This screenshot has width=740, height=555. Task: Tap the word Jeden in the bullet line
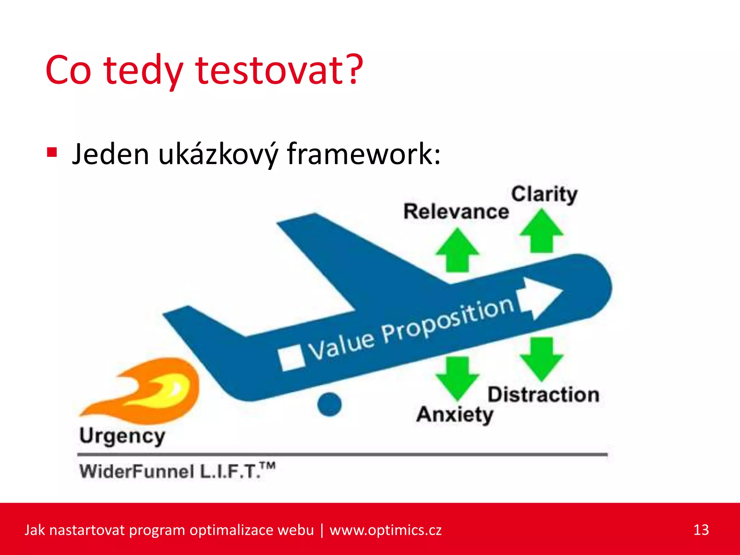coord(110,154)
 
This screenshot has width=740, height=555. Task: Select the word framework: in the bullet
coord(363,154)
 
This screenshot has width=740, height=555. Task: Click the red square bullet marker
coord(52,152)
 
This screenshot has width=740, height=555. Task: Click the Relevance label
coord(456,211)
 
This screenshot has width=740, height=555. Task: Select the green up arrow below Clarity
coord(541,232)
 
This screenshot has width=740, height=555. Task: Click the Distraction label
coord(543,395)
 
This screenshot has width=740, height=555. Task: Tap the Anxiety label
coord(455,414)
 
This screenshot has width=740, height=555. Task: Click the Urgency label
coord(122,436)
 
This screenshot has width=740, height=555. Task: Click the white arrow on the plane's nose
coord(540,298)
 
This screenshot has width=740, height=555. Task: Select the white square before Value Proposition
coord(291,358)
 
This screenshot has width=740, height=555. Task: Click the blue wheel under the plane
coord(329,404)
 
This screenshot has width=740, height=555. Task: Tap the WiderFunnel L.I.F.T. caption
coord(177,471)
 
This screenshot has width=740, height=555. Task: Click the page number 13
coord(701,530)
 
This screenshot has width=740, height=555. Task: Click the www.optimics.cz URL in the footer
coord(385,530)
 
